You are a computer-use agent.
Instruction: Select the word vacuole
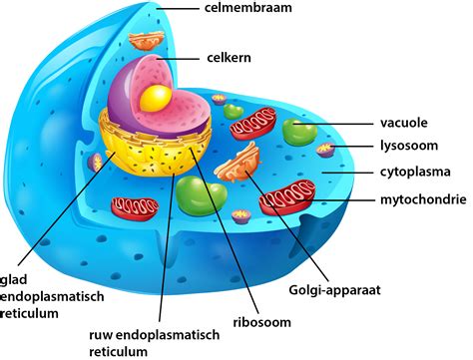(403, 123)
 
